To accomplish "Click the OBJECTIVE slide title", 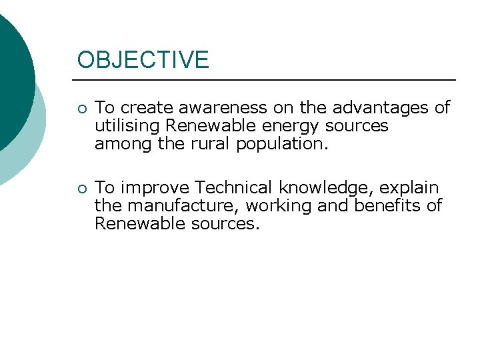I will [143, 60].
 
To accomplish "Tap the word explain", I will [412, 189].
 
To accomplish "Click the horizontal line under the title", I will [267, 80].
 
